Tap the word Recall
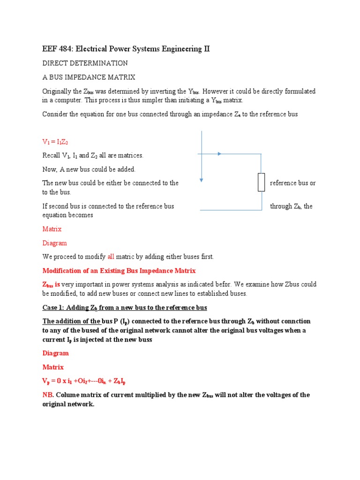pos(52,155)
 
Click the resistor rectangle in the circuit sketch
pos(262,182)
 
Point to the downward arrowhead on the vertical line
pos(201,179)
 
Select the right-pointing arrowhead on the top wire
pos(219,153)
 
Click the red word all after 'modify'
pos(111,256)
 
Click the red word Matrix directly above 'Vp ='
pos(52,367)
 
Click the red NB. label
pos(48,395)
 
